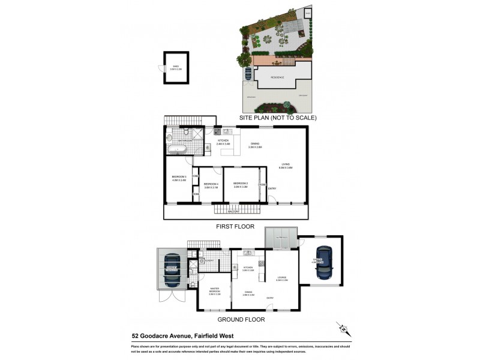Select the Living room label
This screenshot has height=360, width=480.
285,166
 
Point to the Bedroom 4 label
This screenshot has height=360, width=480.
210,185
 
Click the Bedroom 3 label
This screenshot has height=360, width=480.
179,178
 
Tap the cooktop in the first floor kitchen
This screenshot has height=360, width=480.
218,131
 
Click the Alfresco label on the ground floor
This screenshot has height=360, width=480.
281,239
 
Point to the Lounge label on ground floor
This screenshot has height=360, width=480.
281,279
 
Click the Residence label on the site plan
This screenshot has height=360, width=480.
277,77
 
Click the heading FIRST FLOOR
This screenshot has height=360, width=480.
235,227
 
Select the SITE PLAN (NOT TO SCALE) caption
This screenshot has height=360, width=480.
277,118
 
